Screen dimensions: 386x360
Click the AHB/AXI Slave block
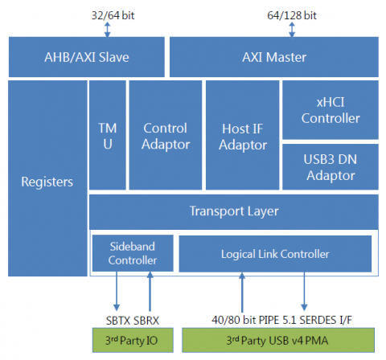[87, 57]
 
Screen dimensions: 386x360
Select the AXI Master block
[274, 57]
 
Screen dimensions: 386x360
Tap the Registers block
[47, 178]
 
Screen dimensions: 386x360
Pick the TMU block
[108, 135]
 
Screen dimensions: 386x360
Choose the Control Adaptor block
[166, 135]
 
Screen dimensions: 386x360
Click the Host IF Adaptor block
[242, 135]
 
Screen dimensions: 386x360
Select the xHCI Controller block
[331, 110]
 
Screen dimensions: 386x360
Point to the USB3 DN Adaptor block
[331, 167]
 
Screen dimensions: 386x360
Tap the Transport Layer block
[234, 212]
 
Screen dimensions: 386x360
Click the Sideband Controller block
[133, 253]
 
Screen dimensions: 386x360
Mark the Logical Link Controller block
[275, 254]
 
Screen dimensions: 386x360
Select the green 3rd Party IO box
[133, 340]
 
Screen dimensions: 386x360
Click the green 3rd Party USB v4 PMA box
[278, 340]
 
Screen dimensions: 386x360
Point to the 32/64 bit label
[113, 15]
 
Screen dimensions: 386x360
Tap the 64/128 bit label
[292, 15]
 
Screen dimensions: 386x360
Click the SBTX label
[118, 321]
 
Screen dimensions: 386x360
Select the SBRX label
[146, 321]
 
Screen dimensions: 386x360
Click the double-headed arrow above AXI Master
[292, 30]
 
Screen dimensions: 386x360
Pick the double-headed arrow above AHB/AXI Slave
[107, 30]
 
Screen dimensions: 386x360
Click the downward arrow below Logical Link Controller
[304, 292]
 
